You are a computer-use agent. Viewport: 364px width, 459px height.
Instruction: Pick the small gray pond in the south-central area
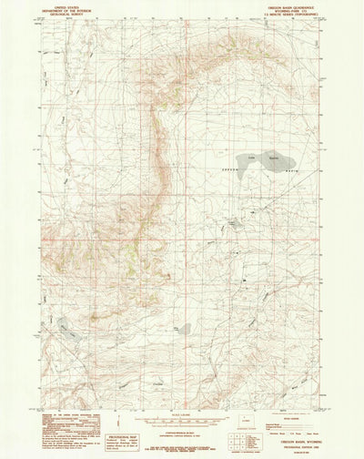click(x=185, y=329)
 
